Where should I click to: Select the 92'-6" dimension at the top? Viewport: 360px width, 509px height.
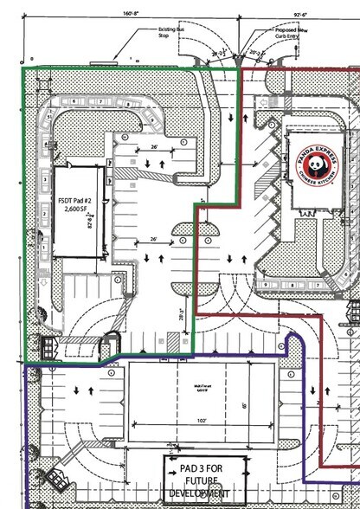tap(301, 14)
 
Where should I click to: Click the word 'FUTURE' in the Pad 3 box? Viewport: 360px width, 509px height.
tap(201, 480)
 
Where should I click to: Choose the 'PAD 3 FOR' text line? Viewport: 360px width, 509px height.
tap(201, 468)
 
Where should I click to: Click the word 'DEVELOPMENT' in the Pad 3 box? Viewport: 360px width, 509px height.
tap(201, 493)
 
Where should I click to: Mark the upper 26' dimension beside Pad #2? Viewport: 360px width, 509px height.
tap(155, 149)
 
